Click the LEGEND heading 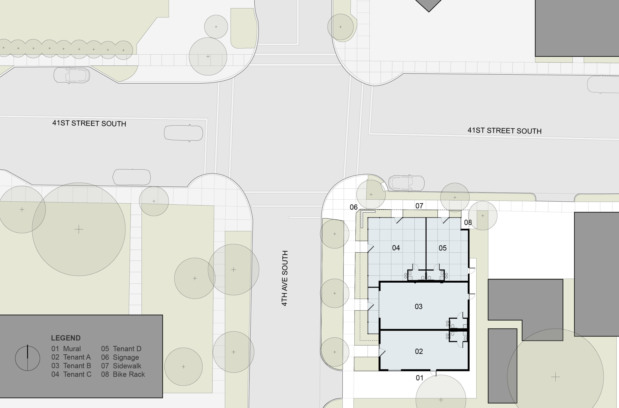click(66, 338)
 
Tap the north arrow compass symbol click(27, 358)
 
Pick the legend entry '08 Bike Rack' click(123, 374)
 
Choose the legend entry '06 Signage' click(120, 357)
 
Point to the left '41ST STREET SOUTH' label click(89, 123)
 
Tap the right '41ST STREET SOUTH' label click(504, 131)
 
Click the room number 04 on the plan click(396, 248)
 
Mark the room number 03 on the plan click(419, 307)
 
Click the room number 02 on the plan click(419, 351)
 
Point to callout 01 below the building click(419, 378)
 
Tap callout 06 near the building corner click(353, 207)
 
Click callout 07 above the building click(419, 206)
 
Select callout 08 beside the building click(468, 222)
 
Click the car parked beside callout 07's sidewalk click(406, 183)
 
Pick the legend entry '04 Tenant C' click(71, 374)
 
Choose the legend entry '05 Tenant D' click(121, 349)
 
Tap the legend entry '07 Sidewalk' click(121, 366)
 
